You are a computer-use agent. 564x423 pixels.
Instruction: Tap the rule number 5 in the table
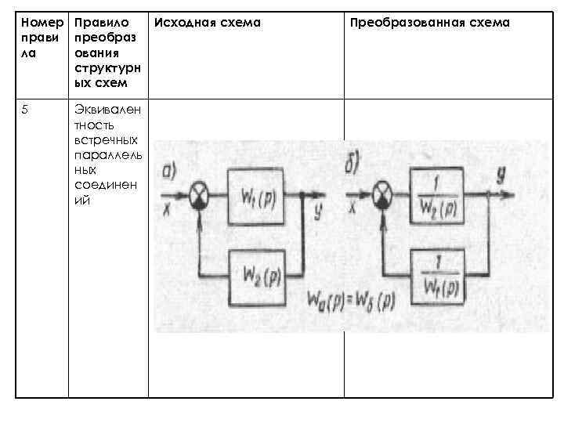tap(26, 108)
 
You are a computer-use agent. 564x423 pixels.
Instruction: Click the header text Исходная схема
tap(207, 23)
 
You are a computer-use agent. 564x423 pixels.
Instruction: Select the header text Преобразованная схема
tap(429, 23)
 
